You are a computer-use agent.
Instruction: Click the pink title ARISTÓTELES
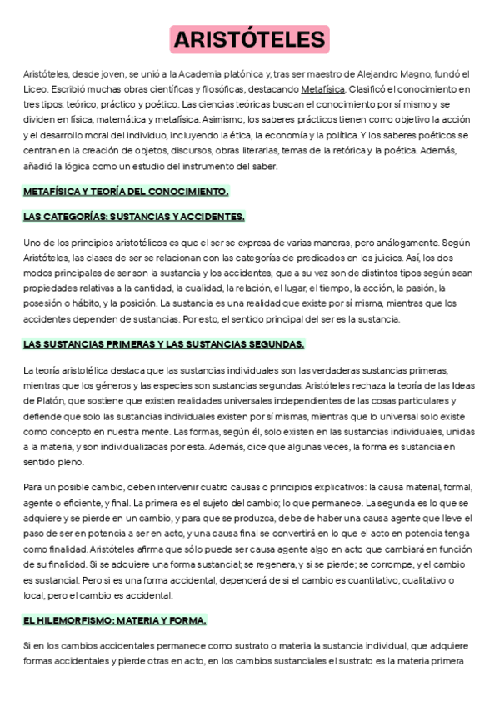coord(249,39)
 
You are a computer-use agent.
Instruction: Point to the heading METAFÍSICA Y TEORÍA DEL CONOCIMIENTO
coord(125,191)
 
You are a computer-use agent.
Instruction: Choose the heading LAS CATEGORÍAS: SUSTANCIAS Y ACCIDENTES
coord(133,217)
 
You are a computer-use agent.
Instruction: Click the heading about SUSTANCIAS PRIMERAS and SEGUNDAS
coord(163,343)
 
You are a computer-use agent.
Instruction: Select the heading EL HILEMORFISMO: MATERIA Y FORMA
coord(115,620)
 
